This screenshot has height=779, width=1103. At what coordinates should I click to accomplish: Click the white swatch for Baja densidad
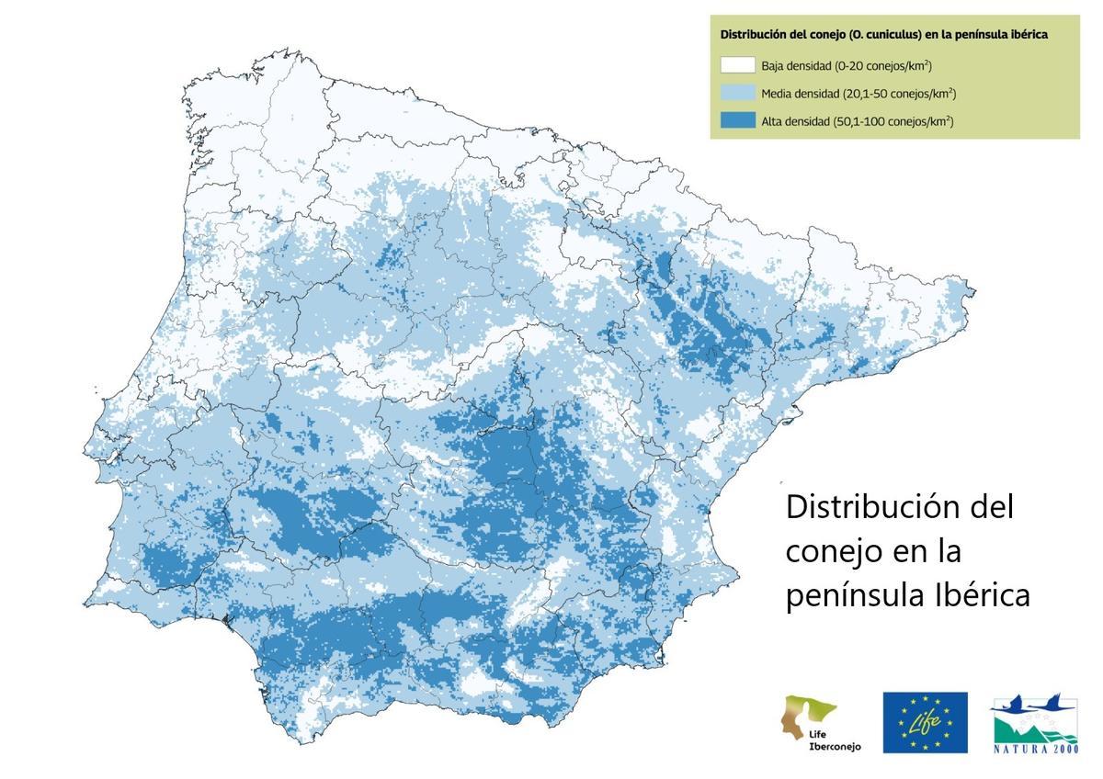pyautogui.click(x=737, y=65)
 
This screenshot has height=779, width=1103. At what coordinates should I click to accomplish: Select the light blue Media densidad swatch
pyautogui.click(x=737, y=93)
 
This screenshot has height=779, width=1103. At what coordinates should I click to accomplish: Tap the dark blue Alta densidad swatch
pyautogui.click(x=737, y=120)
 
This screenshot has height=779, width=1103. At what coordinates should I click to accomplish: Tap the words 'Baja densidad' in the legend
pyautogui.click(x=794, y=65)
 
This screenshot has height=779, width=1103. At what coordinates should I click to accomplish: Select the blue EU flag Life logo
pyautogui.click(x=925, y=722)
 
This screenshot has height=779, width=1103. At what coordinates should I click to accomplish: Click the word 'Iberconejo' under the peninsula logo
pyautogui.click(x=835, y=747)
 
